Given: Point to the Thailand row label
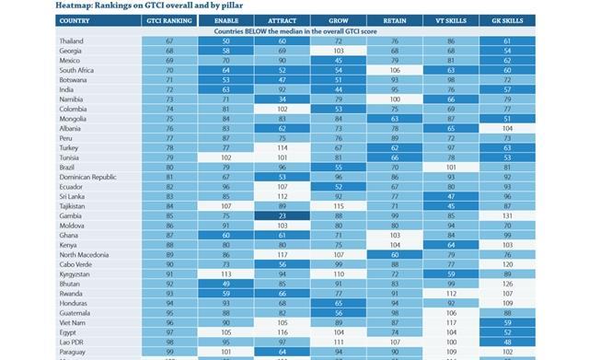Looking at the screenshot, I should tap(75, 41).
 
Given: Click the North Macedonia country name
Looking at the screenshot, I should tap(87, 253).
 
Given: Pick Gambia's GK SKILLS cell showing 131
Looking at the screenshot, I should tap(507, 215).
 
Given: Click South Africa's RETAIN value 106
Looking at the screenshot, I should tap(396, 70).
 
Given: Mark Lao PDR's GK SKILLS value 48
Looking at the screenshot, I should tap(507, 340).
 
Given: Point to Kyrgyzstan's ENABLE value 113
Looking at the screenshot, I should tap(226, 273).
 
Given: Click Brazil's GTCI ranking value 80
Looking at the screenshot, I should tap(169, 167).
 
